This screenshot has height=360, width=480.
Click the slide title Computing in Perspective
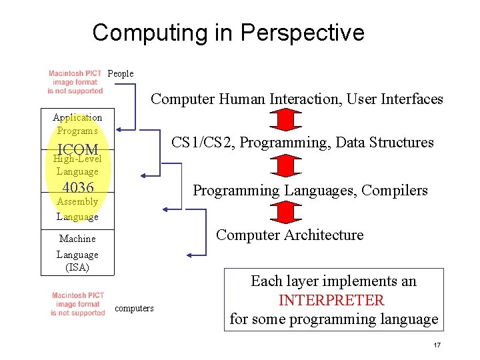coord(228,32)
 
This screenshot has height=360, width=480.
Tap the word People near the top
coord(121,73)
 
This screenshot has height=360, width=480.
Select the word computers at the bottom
coord(134,308)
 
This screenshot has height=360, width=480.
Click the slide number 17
coord(437,345)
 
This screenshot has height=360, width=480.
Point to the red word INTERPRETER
coord(331,300)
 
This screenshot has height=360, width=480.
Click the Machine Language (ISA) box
coord(77,253)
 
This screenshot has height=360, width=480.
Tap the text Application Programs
coord(77,124)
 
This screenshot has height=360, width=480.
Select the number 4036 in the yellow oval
coord(77,187)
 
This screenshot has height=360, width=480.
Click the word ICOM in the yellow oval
coord(78,149)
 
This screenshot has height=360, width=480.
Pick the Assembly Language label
coord(77,209)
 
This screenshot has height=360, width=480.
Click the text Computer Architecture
coord(290,235)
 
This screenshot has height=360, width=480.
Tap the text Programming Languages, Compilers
coord(310,191)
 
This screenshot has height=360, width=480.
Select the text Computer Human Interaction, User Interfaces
coord(297,99)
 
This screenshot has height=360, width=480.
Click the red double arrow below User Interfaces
coord(285,120)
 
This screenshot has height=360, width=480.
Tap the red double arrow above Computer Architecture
coord(285,211)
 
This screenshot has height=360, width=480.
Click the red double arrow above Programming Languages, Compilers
coord(285,165)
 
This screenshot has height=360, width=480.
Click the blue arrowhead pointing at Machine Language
coord(191,254)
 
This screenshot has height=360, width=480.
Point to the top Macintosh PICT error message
coord(75,82)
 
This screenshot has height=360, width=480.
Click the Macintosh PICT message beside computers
coord(78,304)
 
